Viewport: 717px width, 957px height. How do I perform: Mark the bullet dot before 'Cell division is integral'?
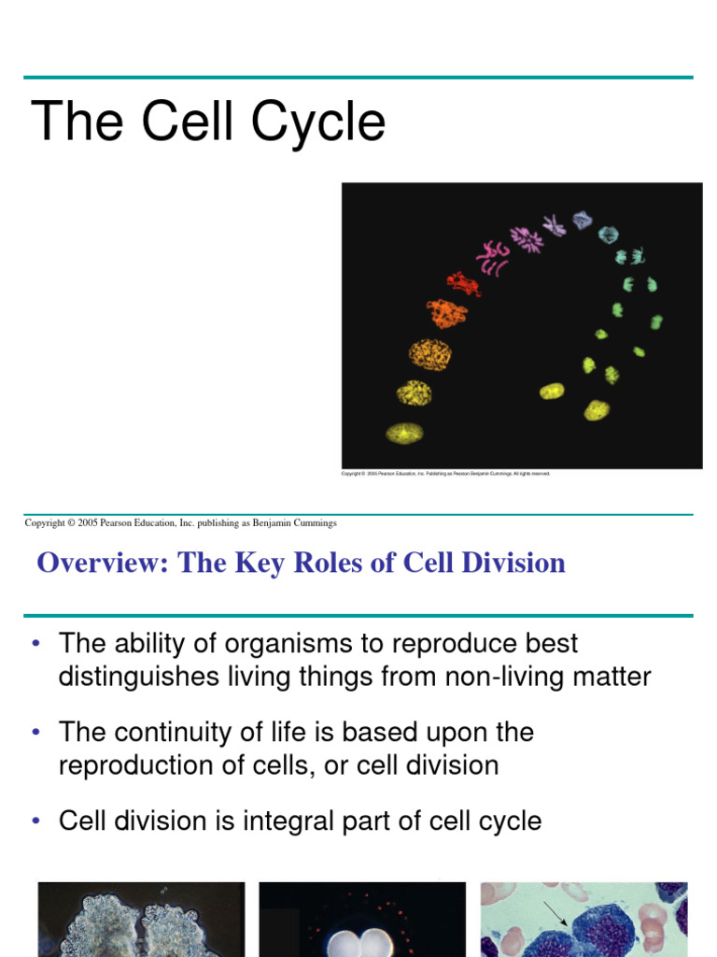click(35, 821)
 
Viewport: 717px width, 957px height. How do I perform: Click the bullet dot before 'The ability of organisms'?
click(35, 644)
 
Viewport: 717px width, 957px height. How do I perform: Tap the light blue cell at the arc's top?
click(583, 221)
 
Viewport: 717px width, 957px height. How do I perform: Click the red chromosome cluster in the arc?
click(462, 283)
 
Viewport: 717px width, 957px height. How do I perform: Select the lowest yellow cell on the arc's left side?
click(404, 433)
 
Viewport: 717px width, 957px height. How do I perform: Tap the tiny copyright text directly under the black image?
click(445, 474)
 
